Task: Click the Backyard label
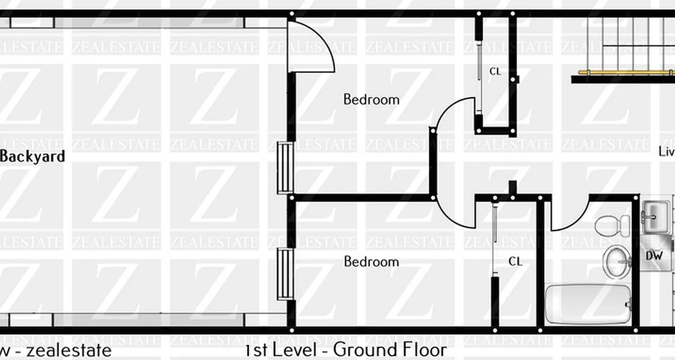[32, 157]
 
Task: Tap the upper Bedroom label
[371, 99]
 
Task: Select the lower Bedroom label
[371, 261]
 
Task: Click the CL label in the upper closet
[495, 72]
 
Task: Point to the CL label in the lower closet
[515, 261]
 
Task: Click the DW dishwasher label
[654, 256]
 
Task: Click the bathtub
[587, 303]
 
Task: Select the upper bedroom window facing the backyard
[285, 167]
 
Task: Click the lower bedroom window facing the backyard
[285, 274]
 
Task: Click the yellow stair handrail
[625, 72]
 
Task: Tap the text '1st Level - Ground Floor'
[346, 350]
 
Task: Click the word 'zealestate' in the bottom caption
[68, 350]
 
